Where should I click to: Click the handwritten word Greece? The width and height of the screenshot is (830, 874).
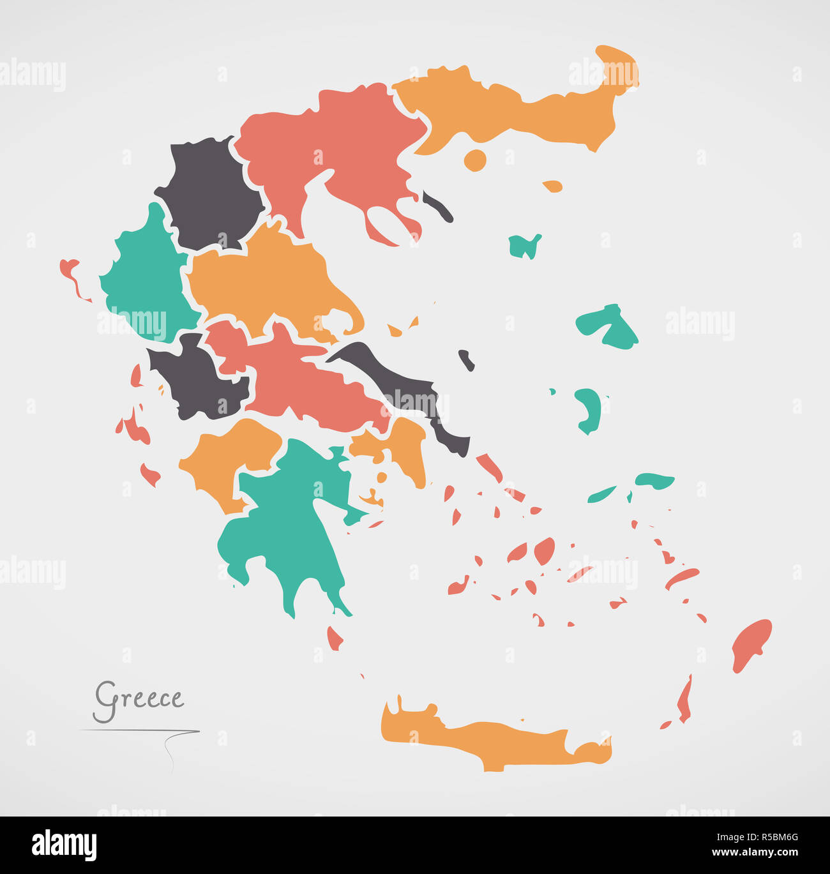[x=139, y=698]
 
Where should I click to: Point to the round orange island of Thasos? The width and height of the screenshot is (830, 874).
[x=475, y=160]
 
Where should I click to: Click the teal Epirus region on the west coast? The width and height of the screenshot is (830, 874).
[x=144, y=275]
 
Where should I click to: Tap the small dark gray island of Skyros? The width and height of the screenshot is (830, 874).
[x=467, y=360]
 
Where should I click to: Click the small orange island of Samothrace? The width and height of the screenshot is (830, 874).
[x=553, y=186]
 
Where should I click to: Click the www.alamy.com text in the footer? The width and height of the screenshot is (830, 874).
[x=755, y=853]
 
